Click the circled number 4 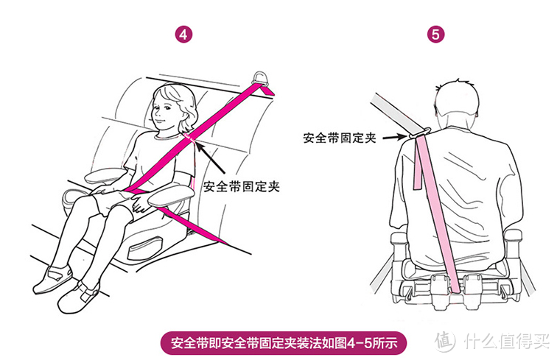183,35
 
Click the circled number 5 435,35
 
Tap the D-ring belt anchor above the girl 261,79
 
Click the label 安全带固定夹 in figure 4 242,186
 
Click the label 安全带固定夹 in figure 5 340,138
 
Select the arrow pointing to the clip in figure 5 395,136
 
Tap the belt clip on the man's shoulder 420,133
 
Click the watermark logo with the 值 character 446,341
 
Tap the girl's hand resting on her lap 140,204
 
